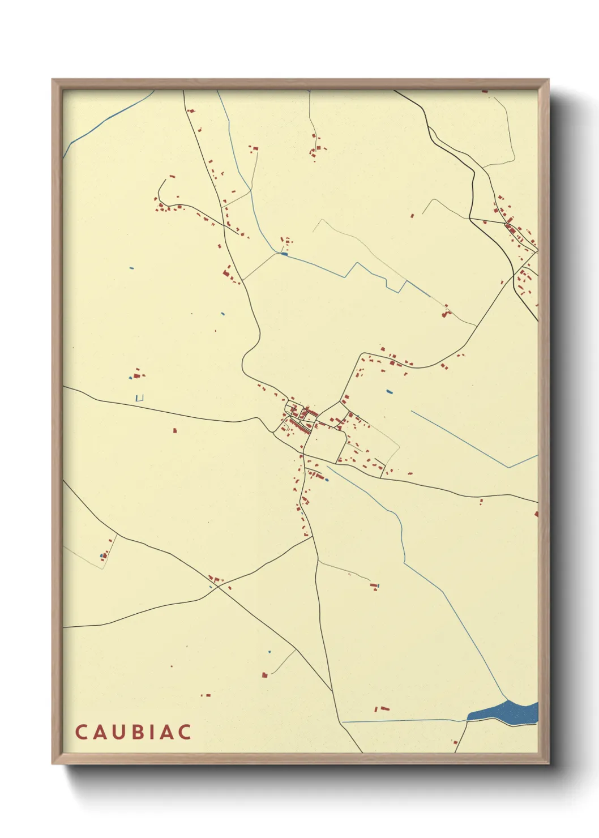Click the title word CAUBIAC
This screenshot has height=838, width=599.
tap(133, 732)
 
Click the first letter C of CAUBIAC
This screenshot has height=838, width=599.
tap(80, 732)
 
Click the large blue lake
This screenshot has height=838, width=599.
tap(503, 711)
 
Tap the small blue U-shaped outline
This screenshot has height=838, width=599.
tap(140, 398)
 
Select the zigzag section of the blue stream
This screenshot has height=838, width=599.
tap(374, 276)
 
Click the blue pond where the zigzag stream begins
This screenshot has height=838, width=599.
tap(284, 254)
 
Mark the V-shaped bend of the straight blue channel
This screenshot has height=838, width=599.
tap(509, 467)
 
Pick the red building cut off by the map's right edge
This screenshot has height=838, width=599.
tap(536, 514)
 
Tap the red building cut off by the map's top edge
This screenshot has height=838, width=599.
tap(485, 91)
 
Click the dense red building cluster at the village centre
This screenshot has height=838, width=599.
tap(300, 416)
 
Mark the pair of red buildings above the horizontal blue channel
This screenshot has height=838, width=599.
tap(382, 708)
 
